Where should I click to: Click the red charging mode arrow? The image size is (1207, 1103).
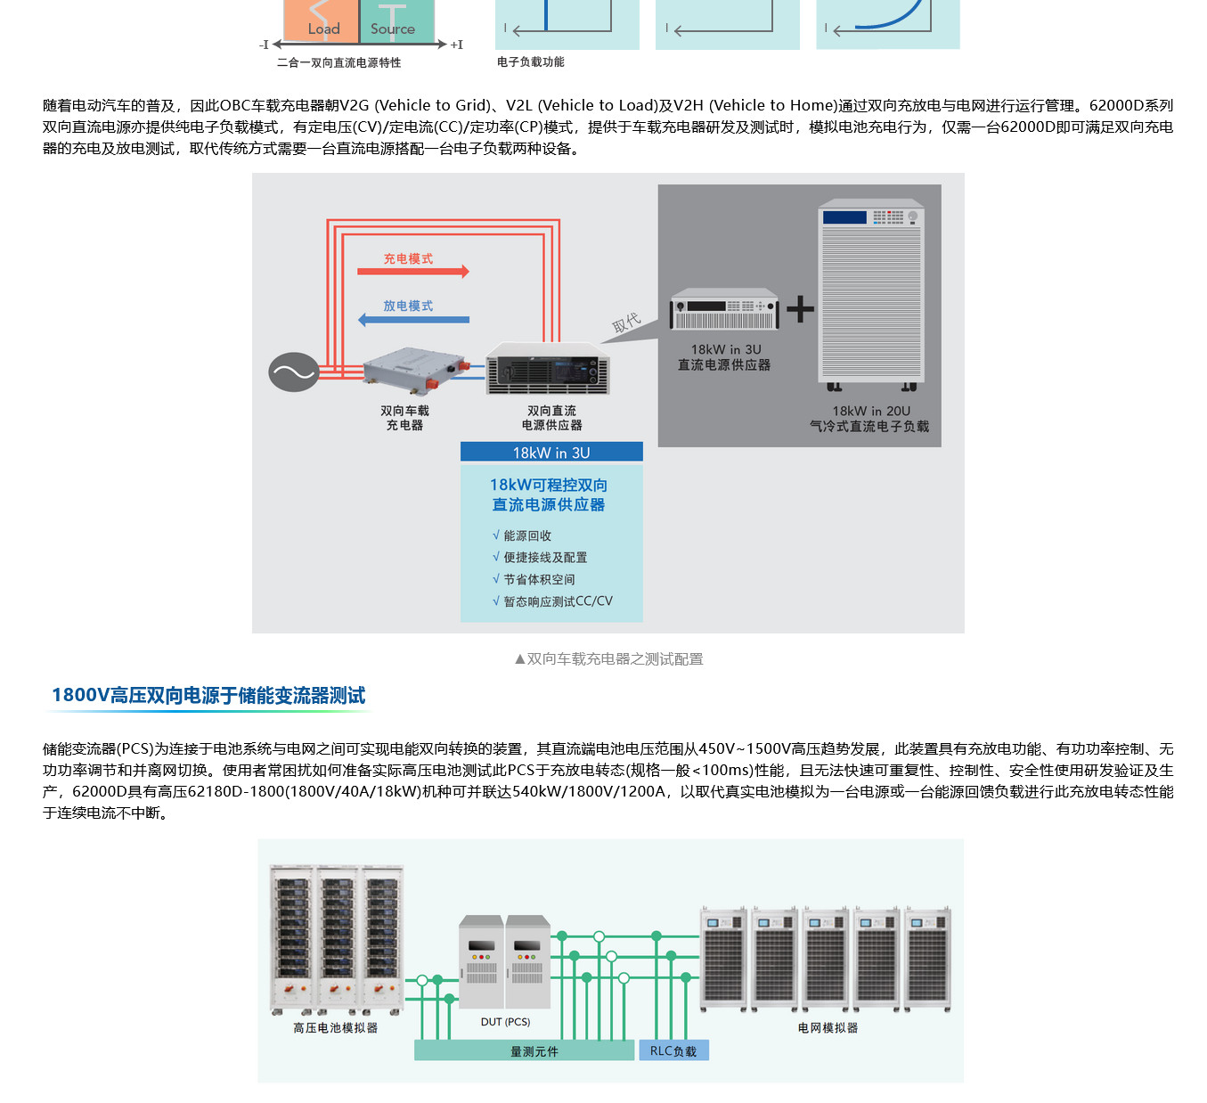pos(412,271)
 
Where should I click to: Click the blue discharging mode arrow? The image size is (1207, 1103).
pos(412,319)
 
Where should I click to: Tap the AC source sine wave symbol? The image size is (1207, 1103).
pos(294,372)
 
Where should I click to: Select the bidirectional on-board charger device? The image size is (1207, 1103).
pos(413,369)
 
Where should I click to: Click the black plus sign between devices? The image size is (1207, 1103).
pos(800,308)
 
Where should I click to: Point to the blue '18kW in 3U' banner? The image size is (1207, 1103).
pos(551,453)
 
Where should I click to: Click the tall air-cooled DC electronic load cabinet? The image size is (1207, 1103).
pos(871,294)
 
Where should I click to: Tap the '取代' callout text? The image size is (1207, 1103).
pos(626,323)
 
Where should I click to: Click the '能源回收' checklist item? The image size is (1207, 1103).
pos(527,535)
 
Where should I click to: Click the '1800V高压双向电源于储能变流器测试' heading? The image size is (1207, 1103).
pos(208,695)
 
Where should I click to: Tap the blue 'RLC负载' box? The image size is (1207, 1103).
pos(673,1051)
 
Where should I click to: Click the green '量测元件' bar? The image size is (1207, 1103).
pos(534,1051)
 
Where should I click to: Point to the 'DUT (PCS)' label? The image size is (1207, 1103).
pos(505,1022)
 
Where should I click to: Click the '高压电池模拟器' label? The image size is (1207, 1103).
pos(335,1028)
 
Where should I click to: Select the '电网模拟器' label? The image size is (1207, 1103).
pos(828,1028)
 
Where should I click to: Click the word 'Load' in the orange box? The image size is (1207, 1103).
pos(324,29)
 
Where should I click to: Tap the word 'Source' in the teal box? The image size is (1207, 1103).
pos(393,29)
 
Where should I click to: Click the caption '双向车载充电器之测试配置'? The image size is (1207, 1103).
pos(615,659)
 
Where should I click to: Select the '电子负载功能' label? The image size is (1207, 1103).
pos(531,62)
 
